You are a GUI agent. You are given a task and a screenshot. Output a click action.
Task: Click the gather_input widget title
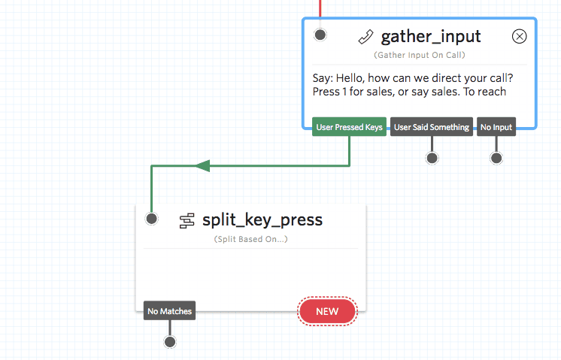click(431, 37)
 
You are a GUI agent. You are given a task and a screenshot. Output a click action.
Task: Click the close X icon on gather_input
click(519, 36)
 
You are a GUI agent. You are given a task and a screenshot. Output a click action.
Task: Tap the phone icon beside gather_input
click(365, 37)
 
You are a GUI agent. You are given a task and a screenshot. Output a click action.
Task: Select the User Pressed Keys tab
click(350, 127)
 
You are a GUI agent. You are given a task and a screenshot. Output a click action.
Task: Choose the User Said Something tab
click(432, 127)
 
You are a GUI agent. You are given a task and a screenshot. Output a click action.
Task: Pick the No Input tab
click(496, 127)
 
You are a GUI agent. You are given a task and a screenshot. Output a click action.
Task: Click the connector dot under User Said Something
click(432, 158)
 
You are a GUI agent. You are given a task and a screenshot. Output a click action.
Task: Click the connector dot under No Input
click(496, 158)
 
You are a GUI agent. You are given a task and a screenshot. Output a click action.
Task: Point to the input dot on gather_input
click(320, 35)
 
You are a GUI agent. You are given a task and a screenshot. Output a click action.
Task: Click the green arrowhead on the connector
click(202, 165)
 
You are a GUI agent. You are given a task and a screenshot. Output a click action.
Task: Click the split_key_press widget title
click(262, 219)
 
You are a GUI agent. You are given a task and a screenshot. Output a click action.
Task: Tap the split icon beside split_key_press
click(187, 220)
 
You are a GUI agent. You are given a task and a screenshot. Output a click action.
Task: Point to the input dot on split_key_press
click(152, 219)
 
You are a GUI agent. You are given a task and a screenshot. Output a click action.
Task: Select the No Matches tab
click(170, 310)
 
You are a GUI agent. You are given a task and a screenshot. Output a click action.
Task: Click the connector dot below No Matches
click(170, 342)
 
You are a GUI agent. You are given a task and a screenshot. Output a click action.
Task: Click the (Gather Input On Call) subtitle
click(420, 56)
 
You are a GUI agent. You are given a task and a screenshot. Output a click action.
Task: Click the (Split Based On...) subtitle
click(250, 239)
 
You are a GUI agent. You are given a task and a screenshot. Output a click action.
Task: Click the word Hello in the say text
click(353, 78)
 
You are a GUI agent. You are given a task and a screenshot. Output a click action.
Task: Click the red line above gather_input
click(322, 8)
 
